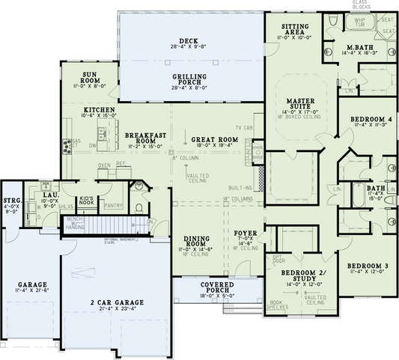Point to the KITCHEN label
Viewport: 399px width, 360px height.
coord(99,110)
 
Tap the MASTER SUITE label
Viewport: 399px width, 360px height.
coord(303,104)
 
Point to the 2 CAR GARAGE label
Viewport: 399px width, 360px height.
coord(119,302)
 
